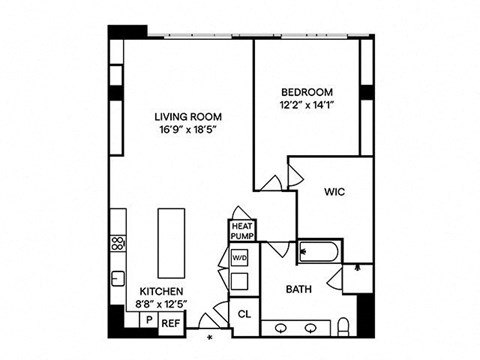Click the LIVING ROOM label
188,117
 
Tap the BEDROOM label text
307,92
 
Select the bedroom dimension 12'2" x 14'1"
307,105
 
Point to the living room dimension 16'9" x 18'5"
188,130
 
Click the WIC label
335,192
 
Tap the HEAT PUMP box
242,231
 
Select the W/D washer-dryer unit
240,258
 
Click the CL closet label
244,314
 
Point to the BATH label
299,289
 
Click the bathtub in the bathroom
319,252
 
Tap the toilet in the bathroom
343,327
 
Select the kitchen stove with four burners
118,243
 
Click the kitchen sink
118,279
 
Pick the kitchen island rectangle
171,243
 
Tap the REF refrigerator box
171,324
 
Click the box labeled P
149,320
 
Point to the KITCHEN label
161,292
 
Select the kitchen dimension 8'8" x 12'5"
161,305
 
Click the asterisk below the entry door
210,338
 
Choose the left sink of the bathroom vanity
281,328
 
